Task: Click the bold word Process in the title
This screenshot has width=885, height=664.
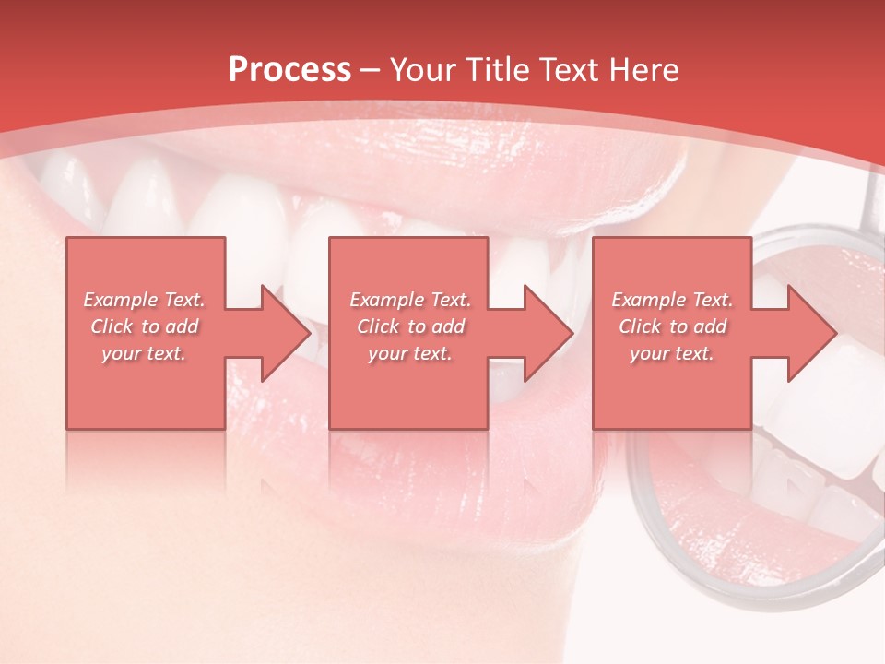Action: point(289,70)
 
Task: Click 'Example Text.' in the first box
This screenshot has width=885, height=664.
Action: point(144,300)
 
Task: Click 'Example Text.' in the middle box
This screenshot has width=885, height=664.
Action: point(410,300)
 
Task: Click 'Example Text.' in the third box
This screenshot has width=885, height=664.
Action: point(672,300)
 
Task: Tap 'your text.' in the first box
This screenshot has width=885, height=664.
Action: point(144,353)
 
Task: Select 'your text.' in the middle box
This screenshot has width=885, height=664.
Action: point(410,353)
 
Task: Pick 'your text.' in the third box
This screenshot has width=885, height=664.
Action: point(672,353)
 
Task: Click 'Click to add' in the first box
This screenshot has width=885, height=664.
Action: point(144,326)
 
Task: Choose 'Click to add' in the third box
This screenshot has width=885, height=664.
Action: point(672,326)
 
